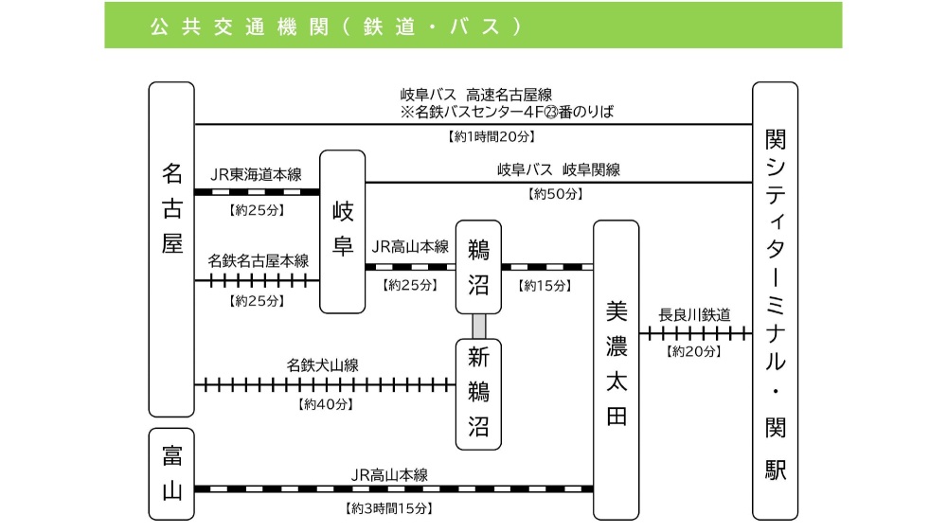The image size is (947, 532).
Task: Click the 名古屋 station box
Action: [171, 249]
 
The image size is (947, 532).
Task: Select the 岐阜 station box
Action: [342, 231]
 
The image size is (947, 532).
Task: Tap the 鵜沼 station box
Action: [478, 267]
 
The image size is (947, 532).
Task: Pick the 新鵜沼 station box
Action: [478, 393]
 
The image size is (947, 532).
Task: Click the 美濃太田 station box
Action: [616, 369]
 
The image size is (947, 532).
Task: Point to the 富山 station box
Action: [171, 473]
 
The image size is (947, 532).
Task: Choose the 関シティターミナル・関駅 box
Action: [776, 300]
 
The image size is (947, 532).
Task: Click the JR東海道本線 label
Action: [256, 174]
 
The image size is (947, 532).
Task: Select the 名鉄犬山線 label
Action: [323, 364]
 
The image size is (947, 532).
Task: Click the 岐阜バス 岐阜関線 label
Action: [559, 170]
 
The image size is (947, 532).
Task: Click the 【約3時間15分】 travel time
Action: [388, 508]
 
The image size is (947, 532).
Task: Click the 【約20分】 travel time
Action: [694, 351]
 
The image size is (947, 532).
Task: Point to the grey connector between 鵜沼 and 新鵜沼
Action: [479, 326]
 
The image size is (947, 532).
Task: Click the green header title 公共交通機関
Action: [237, 26]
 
